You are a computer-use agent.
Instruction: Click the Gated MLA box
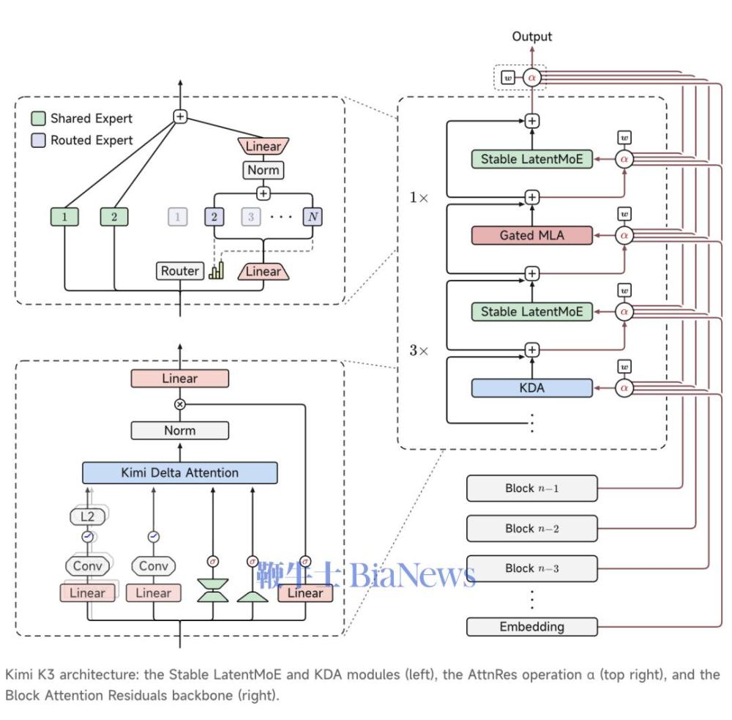[531, 236]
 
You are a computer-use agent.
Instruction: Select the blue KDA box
[531, 387]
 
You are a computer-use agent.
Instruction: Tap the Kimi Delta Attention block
[180, 473]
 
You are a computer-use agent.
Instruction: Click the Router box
[180, 271]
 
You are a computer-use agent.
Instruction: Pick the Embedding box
[531, 626]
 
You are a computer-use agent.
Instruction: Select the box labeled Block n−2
[531, 528]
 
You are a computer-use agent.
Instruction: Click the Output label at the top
[531, 37]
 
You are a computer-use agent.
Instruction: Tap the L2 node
[87, 516]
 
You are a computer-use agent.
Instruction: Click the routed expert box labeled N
[313, 217]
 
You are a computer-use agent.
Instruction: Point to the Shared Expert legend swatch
[38, 118]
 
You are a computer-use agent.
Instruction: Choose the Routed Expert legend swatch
[38, 140]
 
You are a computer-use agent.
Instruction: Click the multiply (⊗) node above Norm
[180, 404]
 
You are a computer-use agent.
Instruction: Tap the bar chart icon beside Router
[217, 270]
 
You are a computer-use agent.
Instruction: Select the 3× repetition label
[418, 350]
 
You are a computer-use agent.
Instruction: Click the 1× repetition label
[418, 198]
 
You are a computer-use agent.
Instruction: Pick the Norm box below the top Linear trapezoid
[264, 170]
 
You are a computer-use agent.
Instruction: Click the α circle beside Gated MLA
[624, 236]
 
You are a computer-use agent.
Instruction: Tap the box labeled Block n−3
[531, 568]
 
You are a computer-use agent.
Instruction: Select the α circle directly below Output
[531, 78]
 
